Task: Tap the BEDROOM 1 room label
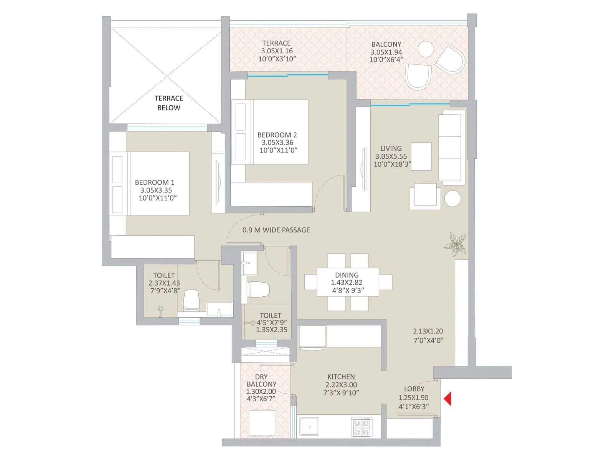pyautogui.click(x=154, y=182)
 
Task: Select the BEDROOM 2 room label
pyautogui.click(x=277, y=135)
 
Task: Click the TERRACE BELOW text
pyautogui.click(x=168, y=103)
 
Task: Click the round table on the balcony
pyautogui.click(x=426, y=49)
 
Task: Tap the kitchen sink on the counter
pyautogui.click(x=309, y=427)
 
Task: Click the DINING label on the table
pyautogui.click(x=347, y=275)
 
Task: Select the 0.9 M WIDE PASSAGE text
pyautogui.click(x=276, y=230)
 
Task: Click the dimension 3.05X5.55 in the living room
pyautogui.click(x=391, y=156)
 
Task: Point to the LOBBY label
pyautogui.click(x=414, y=389)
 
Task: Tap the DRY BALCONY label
pyautogui.click(x=261, y=381)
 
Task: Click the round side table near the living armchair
pyautogui.click(x=452, y=199)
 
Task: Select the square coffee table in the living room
pyautogui.click(x=421, y=156)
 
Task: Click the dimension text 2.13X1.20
pyautogui.click(x=428, y=331)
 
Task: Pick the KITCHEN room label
pyautogui.click(x=341, y=377)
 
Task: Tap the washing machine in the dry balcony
pyautogui.click(x=262, y=422)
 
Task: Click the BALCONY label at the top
pyautogui.click(x=386, y=44)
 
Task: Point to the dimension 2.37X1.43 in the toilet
pyautogui.click(x=164, y=283)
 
